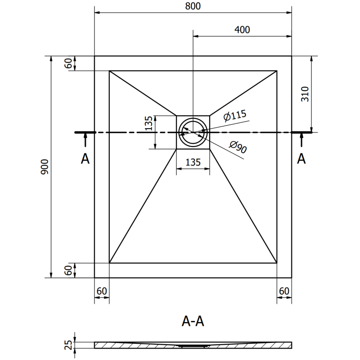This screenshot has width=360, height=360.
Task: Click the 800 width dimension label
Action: pos(193,6)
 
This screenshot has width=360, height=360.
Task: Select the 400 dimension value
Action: pos(242,30)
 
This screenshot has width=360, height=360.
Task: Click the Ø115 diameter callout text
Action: pos(235,116)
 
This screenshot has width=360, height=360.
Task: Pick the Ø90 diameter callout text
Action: pos(238,147)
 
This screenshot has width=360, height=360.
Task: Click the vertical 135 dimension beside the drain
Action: pos(149,122)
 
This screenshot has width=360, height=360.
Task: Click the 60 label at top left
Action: pos(68,63)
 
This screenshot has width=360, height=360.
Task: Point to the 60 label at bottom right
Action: pos(284,291)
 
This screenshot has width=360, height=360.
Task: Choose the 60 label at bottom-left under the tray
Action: pos(102,291)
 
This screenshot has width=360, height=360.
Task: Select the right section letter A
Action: pos(302,158)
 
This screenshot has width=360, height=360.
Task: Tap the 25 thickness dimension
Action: pos(69,345)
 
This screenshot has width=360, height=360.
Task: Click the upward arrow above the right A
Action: pos(302,140)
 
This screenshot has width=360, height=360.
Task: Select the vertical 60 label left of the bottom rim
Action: pos(68,270)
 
